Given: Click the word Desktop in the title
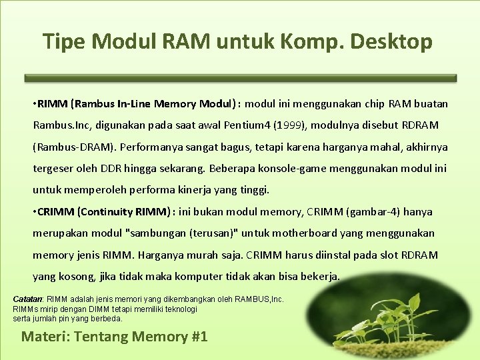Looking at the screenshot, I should coord(397,41).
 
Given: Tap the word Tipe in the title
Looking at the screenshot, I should coord(65,41).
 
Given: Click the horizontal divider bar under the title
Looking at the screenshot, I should coord(241,78).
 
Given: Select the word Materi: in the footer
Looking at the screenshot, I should coord(45,336).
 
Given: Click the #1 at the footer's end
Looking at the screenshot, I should coord(199,336).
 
